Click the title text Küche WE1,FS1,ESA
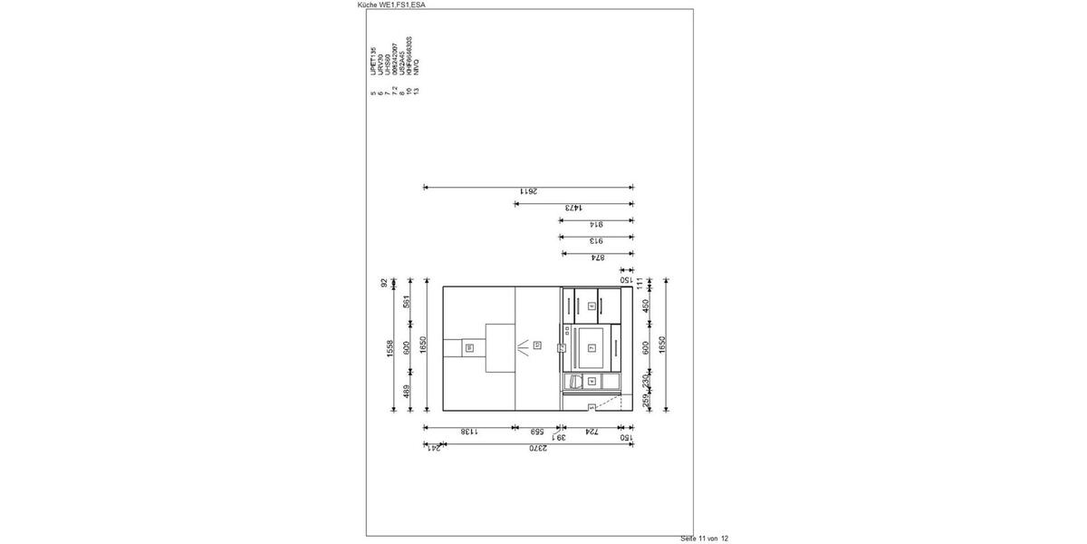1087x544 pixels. pos(392,5)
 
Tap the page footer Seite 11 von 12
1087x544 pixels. pos(704,539)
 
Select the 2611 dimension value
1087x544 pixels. pos(528,191)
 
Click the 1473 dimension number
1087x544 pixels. pos(573,208)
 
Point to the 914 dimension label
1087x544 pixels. pos(597,224)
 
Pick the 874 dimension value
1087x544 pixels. pos(597,257)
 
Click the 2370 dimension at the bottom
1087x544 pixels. pos(538,449)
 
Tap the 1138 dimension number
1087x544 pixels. pos(469,432)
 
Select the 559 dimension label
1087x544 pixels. pos(537,432)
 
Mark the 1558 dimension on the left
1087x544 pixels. pos(390,349)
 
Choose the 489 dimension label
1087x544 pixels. pos(407,392)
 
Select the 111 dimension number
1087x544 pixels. pos(639,283)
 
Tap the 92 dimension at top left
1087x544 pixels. pos(383,283)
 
